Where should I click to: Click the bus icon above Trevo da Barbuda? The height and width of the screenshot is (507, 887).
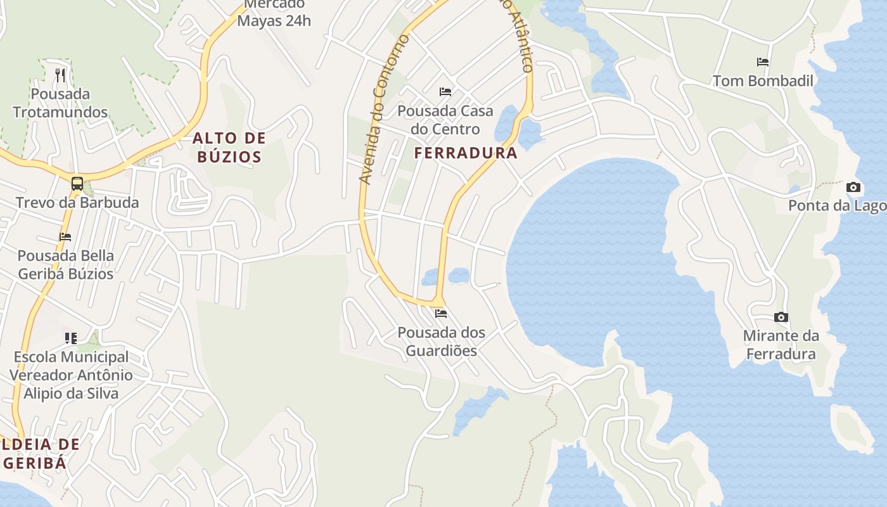point(77,184)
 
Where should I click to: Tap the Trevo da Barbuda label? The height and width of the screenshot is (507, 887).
point(77,203)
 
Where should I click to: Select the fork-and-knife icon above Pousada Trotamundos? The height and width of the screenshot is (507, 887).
point(61,75)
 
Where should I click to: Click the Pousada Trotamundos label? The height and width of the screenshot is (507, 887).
point(61,103)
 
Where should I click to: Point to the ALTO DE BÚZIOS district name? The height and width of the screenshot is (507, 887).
point(229,147)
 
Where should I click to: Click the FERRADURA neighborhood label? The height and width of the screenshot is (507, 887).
point(466,153)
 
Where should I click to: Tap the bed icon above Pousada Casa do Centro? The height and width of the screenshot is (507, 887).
point(445,92)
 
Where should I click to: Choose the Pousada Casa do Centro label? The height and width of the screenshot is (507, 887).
point(445,120)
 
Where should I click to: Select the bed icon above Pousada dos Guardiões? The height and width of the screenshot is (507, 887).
point(441,314)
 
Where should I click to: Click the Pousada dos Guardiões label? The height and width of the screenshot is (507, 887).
point(441,341)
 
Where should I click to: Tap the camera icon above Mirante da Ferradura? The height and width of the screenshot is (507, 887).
point(781,317)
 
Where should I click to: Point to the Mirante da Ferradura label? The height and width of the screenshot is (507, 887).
point(781,344)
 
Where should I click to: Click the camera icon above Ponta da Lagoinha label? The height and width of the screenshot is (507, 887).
point(853,187)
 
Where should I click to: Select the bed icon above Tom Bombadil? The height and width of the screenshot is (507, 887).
point(763,62)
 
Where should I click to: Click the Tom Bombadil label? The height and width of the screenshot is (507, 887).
point(763,81)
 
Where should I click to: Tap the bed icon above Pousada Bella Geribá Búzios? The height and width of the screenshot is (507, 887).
point(65,237)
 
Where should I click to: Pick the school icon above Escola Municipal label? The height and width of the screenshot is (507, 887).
point(71,338)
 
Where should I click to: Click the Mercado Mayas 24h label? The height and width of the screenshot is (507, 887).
point(274,13)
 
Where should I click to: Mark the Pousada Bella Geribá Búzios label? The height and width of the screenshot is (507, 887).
point(65,265)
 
